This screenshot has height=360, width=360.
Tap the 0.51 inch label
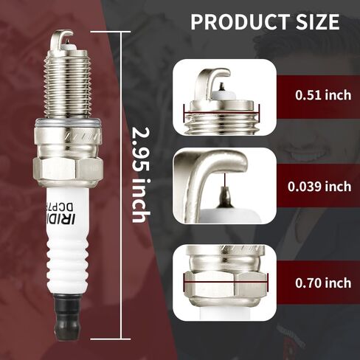323,94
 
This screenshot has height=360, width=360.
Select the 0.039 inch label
323,187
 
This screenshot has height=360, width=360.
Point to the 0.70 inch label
323,282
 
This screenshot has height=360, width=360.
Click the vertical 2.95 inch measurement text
139,174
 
